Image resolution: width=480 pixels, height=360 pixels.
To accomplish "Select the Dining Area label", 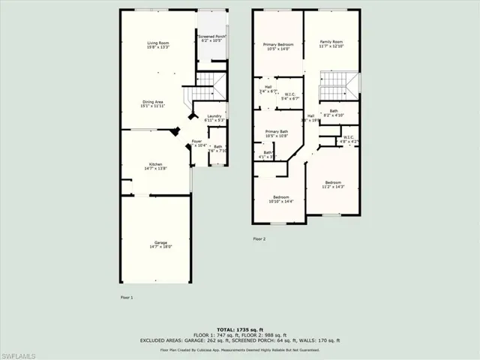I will [x=154, y=103].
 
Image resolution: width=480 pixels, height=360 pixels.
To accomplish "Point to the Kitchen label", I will [x=155, y=166].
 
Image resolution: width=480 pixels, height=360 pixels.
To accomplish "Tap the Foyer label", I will [x=196, y=142].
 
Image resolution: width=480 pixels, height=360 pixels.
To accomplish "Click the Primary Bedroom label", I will [x=278, y=46].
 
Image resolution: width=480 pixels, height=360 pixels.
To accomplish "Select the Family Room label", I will [x=331, y=43].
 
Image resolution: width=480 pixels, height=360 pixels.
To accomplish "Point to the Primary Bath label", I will [x=277, y=133].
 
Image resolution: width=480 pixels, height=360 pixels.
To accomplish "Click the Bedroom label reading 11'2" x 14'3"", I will [x=334, y=185].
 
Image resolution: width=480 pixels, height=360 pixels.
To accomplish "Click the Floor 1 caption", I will [x=127, y=298].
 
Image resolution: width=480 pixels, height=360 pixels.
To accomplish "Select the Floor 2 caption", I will [x=259, y=238].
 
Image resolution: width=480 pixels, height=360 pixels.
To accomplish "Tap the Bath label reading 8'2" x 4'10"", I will [x=333, y=113].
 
